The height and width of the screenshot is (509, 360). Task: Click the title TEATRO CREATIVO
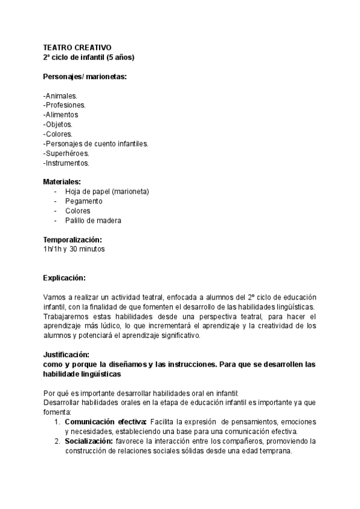(x=77, y=48)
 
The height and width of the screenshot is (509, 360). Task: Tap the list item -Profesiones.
(x=64, y=105)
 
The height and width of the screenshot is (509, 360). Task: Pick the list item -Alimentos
(x=61, y=115)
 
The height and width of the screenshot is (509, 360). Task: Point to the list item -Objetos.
(x=58, y=124)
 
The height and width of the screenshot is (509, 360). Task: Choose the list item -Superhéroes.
(x=66, y=153)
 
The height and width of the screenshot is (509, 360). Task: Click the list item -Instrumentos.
(x=66, y=163)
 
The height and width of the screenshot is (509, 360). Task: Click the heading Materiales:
(x=62, y=182)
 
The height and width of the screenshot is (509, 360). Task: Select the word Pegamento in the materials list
(x=83, y=201)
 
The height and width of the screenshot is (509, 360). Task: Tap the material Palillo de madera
(x=93, y=220)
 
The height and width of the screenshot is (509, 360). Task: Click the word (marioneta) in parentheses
(x=130, y=191)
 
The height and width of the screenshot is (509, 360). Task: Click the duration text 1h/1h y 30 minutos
(x=74, y=249)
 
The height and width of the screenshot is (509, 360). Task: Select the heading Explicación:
(x=64, y=278)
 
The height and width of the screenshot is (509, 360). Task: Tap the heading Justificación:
(x=66, y=355)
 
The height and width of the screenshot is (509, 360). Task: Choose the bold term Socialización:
(x=89, y=441)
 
